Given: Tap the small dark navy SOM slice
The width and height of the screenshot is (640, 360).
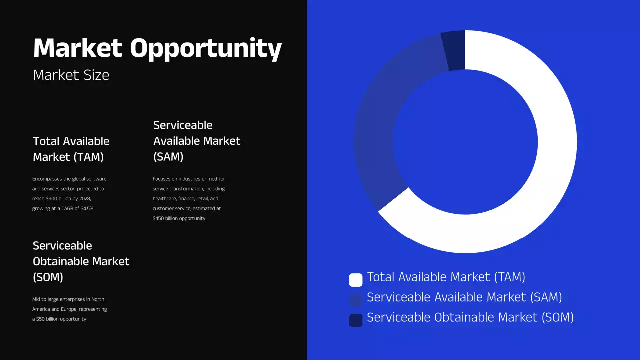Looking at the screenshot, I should pos(454,50).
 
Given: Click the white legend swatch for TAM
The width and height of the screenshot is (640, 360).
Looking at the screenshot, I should pos(355,280).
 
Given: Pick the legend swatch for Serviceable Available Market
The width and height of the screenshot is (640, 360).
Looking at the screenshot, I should pos(355,300).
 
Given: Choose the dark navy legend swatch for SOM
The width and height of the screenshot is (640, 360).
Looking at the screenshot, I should pos(355,320).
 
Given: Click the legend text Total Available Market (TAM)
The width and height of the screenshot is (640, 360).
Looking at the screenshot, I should pos(446,277).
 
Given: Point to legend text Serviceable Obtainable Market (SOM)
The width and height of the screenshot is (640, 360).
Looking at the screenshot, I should pos(470,317).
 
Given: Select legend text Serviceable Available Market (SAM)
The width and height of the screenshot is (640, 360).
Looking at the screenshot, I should pos(464,297).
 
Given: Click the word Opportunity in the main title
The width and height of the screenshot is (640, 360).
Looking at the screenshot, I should pos(206,49).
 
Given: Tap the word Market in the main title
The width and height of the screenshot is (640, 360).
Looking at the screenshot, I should pos(77,48).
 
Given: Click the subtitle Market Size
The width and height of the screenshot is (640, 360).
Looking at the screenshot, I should pos(71,75).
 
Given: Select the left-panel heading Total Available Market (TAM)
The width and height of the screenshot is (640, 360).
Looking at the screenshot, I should pos(71,149).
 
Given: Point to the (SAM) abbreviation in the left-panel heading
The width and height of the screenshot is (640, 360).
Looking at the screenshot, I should pos(168,157).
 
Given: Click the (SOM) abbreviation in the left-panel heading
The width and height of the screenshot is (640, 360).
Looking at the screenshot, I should pos(48,277).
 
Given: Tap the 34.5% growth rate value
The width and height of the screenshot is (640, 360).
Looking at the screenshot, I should pos(86,208).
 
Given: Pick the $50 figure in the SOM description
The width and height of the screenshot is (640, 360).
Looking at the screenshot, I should pos(41,319).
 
